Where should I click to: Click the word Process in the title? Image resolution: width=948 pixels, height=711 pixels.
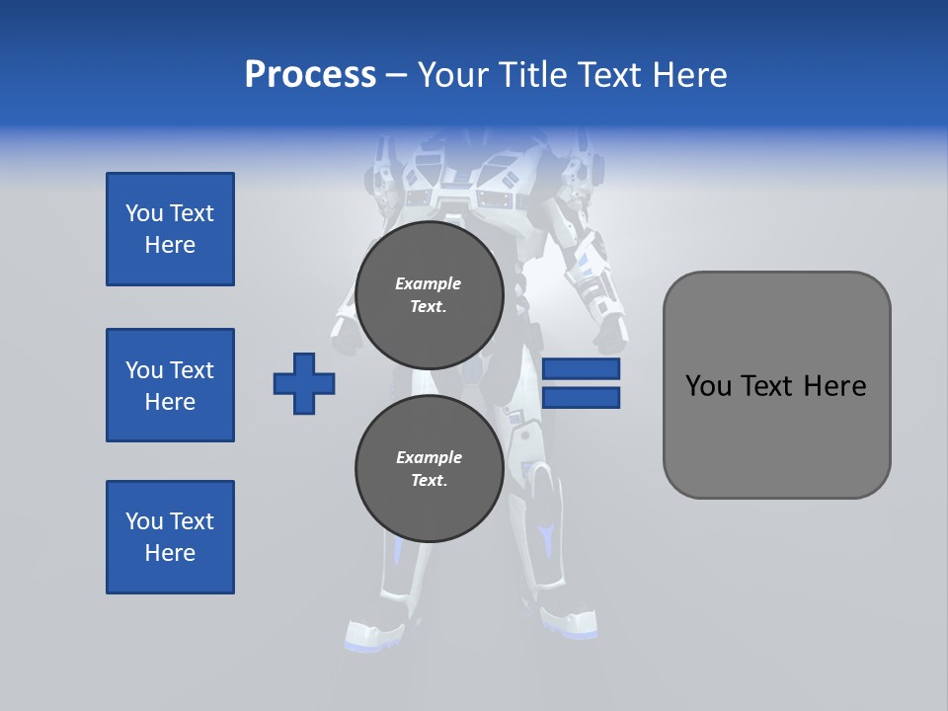(x=310, y=75)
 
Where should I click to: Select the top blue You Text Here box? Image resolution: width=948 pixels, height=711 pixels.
(x=170, y=229)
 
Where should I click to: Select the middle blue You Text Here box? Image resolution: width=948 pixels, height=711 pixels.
(x=170, y=385)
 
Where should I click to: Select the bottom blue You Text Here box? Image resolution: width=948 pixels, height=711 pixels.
(x=170, y=537)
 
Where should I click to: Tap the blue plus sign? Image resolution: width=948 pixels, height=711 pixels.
(x=304, y=383)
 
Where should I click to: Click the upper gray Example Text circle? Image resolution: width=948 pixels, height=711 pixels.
(x=429, y=295)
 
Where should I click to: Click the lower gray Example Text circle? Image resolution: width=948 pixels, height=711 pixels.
(x=429, y=469)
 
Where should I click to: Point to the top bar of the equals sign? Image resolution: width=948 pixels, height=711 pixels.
(x=581, y=369)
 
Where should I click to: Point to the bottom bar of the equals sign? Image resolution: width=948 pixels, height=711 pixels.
(x=581, y=398)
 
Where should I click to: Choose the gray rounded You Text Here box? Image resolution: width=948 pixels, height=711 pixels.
(x=776, y=385)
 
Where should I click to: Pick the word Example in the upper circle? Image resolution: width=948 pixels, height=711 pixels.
(x=429, y=283)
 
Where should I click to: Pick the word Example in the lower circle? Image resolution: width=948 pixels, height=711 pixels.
(x=429, y=457)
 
